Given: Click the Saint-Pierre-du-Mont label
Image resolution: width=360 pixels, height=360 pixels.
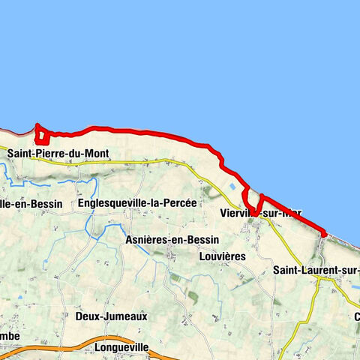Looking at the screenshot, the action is [58, 154].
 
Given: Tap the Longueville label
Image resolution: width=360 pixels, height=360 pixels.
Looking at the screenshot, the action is [123, 348].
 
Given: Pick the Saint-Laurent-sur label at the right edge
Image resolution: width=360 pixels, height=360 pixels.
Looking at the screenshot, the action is [316, 270].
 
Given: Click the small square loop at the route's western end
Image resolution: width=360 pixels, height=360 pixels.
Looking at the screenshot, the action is [43, 136].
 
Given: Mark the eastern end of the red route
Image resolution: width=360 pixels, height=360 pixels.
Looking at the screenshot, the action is [324, 234].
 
